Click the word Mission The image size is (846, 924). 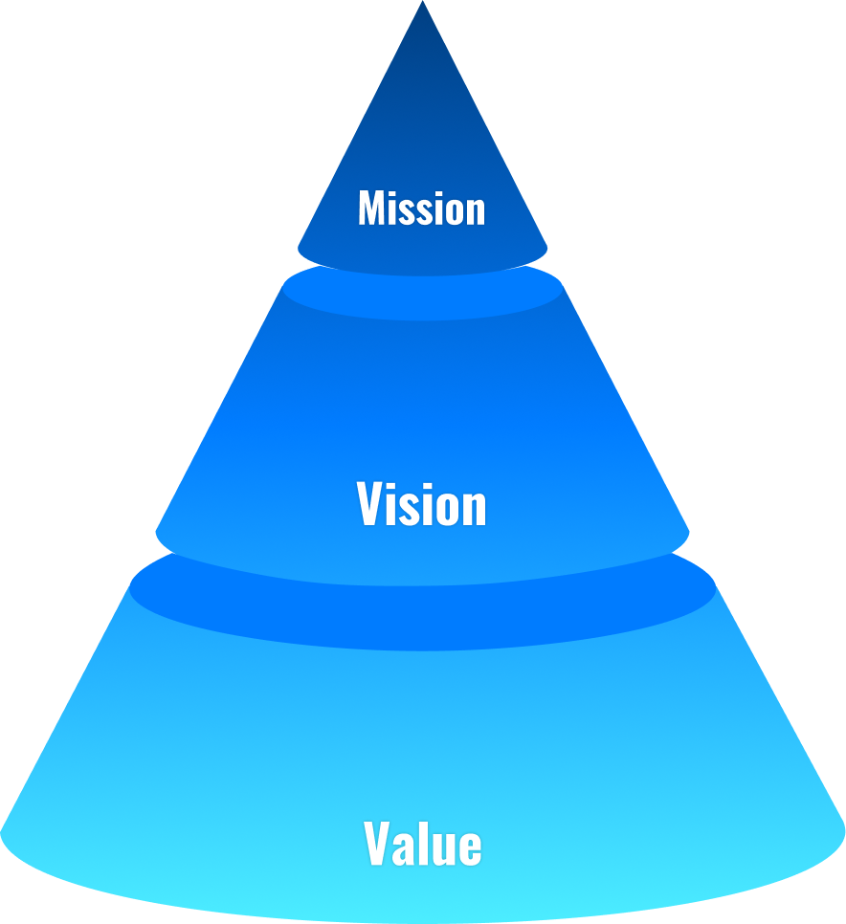pos(421,208)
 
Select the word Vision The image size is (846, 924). pos(421,504)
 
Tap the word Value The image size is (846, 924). pos(422,845)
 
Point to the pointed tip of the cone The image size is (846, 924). pos(422,4)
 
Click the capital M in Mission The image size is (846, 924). pos(372,208)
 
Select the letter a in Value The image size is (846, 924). pos(405,849)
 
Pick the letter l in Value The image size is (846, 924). pos(424,845)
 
